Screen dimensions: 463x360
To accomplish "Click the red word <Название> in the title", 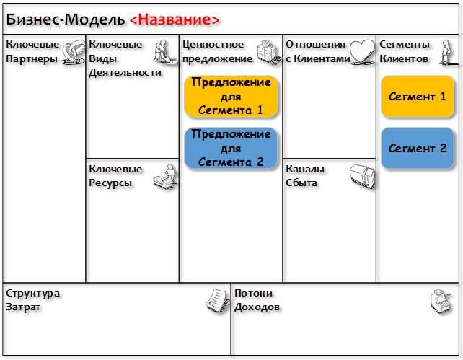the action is (175, 19).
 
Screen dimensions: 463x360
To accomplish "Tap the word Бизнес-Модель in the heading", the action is (66, 19).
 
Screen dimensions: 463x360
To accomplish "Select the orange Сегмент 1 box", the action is (418, 97).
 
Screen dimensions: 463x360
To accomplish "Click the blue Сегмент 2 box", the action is (418, 148).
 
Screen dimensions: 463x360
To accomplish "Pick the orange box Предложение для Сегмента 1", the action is (231, 96).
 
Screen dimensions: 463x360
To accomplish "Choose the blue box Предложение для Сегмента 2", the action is (231, 148).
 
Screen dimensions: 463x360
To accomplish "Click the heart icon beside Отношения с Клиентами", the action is (362, 52).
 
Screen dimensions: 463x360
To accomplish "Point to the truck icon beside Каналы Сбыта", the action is (363, 177).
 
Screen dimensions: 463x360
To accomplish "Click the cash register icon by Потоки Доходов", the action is (441, 302).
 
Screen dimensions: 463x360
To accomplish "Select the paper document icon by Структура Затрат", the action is (218, 301).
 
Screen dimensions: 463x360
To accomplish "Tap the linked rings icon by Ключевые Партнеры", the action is (73, 52).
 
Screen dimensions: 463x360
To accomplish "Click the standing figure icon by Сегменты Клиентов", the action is (448, 52).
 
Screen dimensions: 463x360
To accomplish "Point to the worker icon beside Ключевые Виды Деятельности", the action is (165, 52).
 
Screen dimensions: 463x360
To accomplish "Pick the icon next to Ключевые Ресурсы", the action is (166, 177).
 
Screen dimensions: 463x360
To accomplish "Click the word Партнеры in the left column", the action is (32, 59).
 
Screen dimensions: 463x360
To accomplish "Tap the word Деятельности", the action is (125, 73).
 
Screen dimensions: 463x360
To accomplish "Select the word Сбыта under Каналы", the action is (301, 183).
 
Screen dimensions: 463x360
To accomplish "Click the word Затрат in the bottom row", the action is (23, 307).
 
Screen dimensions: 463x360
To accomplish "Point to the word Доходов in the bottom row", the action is (257, 307).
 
